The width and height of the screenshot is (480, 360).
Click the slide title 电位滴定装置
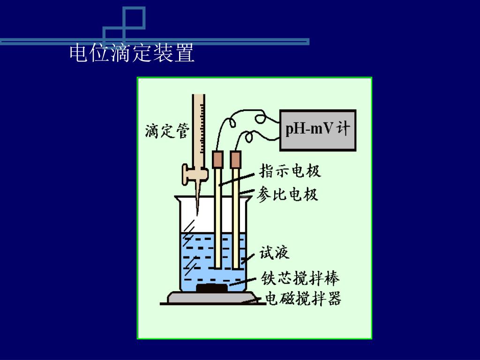[x=132, y=53]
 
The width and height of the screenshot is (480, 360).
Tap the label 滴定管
[x=167, y=131]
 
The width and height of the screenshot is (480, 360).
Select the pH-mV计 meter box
[x=317, y=130]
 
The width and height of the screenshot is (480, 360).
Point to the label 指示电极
[x=290, y=171]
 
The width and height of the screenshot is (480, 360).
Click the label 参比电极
[x=287, y=194]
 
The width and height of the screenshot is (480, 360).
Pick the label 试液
[x=275, y=253]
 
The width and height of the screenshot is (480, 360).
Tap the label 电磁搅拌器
[x=303, y=299]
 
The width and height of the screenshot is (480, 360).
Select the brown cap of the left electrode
[x=218, y=159]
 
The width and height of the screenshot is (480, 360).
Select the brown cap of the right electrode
[x=235, y=159]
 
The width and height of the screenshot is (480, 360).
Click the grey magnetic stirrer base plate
[x=212, y=298]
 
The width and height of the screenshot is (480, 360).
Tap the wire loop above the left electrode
[x=231, y=123]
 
